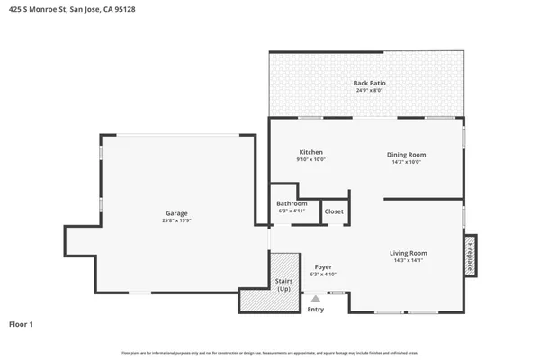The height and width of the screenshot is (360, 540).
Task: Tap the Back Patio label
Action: pyautogui.click(x=368, y=83)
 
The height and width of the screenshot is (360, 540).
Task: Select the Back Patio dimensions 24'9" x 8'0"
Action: pyautogui.click(x=368, y=90)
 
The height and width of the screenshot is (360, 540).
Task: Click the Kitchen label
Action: pyautogui.click(x=310, y=153)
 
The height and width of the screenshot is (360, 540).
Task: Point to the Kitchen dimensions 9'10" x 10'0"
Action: pyautogui.click(x=310, y=160)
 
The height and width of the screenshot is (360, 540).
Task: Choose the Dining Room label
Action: pyautogui.click(x=407, y=154)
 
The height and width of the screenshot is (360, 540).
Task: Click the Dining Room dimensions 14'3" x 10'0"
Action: pyautogui.click(x=407, y=162)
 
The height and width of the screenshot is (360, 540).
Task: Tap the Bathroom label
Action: pyautogui.click(x=292, y=204)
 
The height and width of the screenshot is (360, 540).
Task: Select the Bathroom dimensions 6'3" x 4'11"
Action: pyautogui.click(x=292, y=211)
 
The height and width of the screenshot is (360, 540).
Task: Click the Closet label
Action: pyautogui.click(x=334, y=211)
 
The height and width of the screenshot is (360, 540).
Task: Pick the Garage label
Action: pyautogui.click(x=177, y=213)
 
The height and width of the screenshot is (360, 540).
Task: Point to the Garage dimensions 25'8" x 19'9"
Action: pyautogui.click(x=177, y=220)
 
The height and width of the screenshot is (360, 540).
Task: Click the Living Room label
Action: pyautogui.click(x=408, y=254)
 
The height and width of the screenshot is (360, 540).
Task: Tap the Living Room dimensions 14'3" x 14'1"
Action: pyautogui.click(x=408, y=262)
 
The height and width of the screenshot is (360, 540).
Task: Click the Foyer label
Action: pyautogui.click(x=323, y=266)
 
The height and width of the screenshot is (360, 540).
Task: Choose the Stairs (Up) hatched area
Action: pyautogui.click(x=283, y=282)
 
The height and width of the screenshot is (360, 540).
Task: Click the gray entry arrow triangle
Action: pyautogui.click(x=315, y=296)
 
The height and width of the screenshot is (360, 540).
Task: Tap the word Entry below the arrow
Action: pyautogui.click(x=315, y=310)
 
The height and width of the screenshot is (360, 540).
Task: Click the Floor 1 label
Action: pyautogui.click(x=22, y=323)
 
